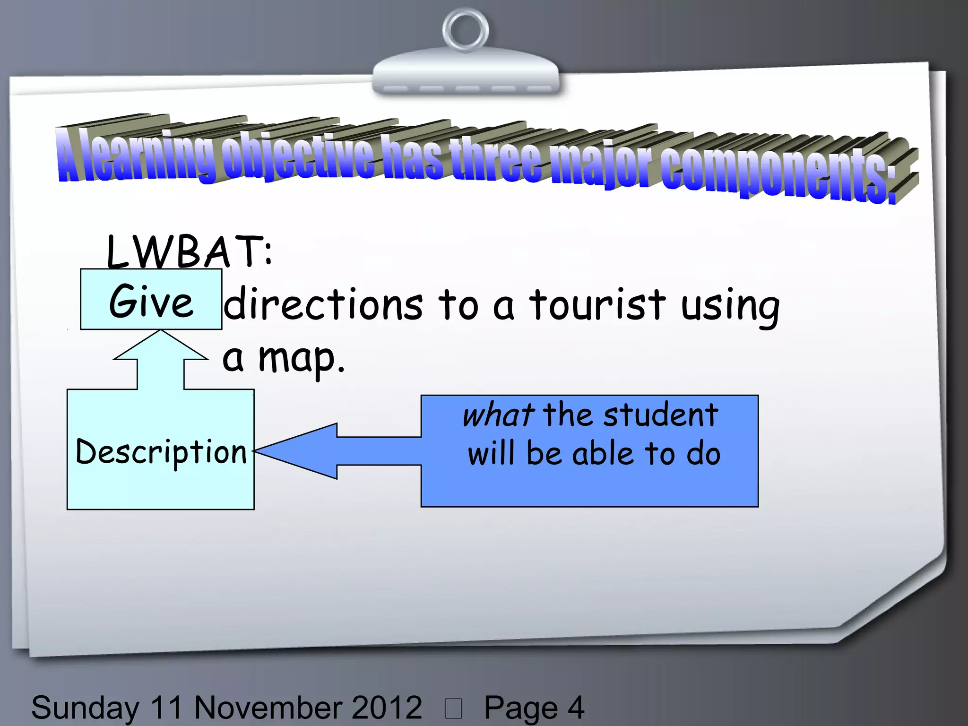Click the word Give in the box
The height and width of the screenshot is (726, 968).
(x=151, y=302)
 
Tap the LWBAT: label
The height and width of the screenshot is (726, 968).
(x=189, y=251)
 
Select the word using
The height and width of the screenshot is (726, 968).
(x=730, y=306)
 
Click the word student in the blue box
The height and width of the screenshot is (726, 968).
(x=661, y=415)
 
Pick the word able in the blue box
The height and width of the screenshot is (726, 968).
(x=603, y=453)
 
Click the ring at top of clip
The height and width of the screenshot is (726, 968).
(x=465, y=31)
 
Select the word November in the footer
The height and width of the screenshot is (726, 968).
(x=267, y=708)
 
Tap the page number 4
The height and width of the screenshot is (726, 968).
(x=576, y=708)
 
